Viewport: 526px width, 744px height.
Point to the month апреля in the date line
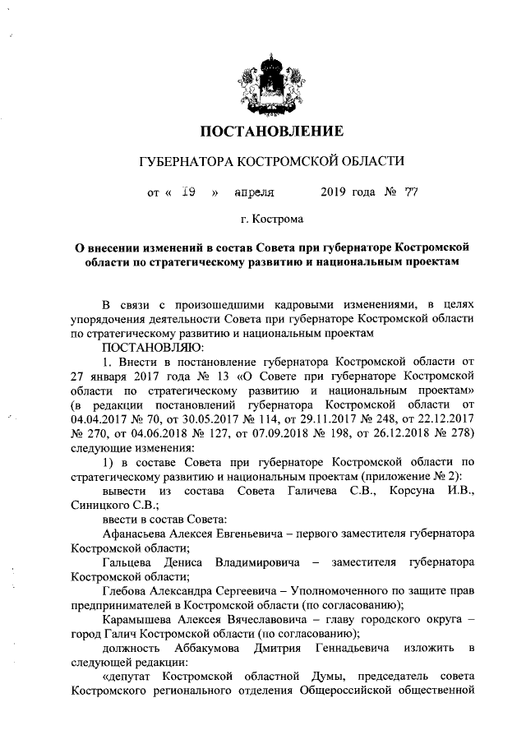254,193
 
